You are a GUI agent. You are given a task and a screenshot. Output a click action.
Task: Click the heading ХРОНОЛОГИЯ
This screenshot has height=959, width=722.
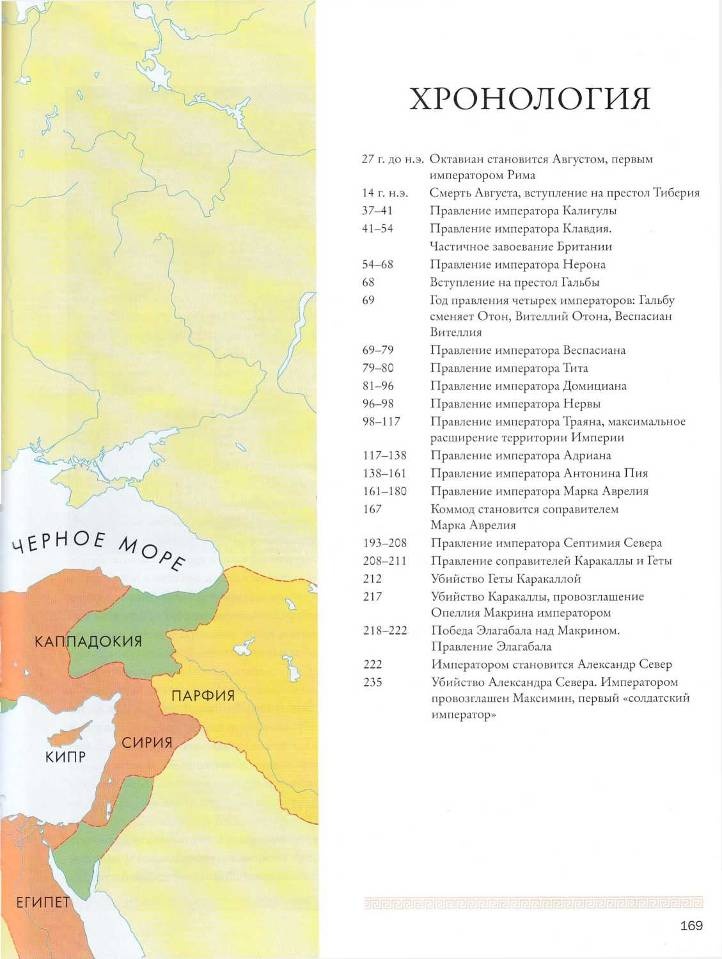click(x=530, y=99)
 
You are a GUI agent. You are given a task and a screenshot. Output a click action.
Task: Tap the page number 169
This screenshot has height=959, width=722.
click(x=691, y=925)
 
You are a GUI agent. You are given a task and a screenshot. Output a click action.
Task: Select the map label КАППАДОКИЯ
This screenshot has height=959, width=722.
click(x=88, y=640)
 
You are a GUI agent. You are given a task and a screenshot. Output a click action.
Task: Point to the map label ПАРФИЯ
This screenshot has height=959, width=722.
click(x=202, y=695)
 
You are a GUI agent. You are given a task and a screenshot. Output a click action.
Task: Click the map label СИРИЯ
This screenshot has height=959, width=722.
click(x=147, y=743)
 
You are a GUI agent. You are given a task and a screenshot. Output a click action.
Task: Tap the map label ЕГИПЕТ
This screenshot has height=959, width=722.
click(x=35, y=903)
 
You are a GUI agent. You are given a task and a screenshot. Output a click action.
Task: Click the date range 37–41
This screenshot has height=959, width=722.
click(x=377, y=211)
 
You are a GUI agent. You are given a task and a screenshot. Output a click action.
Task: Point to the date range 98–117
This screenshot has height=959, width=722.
click(x=381, y=421)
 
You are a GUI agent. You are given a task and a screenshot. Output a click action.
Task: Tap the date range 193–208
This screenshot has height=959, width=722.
click(x=385, y=543)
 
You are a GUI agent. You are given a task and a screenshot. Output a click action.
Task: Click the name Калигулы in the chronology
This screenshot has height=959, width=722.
click(x=587, y=211)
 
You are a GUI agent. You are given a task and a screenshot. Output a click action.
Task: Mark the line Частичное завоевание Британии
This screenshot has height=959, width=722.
click(x=520, y=246)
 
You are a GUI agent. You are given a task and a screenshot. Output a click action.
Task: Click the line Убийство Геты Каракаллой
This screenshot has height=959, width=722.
click(x=505, y=578)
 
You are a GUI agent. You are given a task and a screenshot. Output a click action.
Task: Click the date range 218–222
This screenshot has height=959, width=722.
click(x=385, y=630)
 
